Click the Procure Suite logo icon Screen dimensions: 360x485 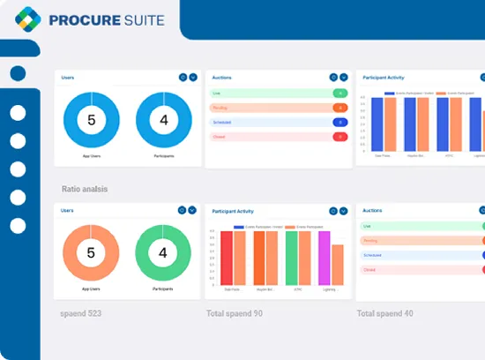click(29, 20)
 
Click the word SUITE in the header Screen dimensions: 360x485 click(133, 20)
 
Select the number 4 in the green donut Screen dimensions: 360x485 click(163, 252)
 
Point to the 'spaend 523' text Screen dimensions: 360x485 click(84, 313)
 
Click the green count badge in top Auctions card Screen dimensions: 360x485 click(339, 93)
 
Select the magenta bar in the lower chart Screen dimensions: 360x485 click(324, 258)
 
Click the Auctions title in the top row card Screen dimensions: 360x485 click(221, 77)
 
